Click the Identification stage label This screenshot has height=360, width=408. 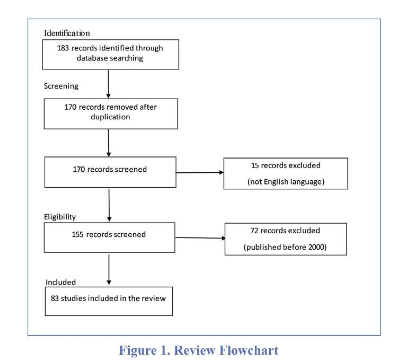(x=67, y=33)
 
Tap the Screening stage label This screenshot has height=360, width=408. (x=61, y=86)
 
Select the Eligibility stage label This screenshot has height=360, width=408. (x=60, y=217)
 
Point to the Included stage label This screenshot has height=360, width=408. (x=60, y=282)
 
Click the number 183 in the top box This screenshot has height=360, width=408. (x=63, y=48)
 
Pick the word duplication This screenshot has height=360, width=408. (x=110, y=117)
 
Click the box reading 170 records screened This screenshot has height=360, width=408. (x=110, y=172)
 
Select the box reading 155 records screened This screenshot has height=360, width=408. (x=110, y=238)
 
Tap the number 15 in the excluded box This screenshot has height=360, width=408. (x=255, y=165)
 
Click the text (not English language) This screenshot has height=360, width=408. (x=286, y=181)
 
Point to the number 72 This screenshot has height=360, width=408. (x=254, y=231)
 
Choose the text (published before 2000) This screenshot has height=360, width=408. (x=285, y=247)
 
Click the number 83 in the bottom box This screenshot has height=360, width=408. (x=55, y=298)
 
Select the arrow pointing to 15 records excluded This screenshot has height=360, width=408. (x=200, y=172)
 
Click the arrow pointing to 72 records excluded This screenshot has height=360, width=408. (x=200, y=238)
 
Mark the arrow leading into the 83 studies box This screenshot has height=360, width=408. (x=109, y=270)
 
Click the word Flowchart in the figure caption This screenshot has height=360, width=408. (x=249, y=350)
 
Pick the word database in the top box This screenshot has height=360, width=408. (x=92, y=58)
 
